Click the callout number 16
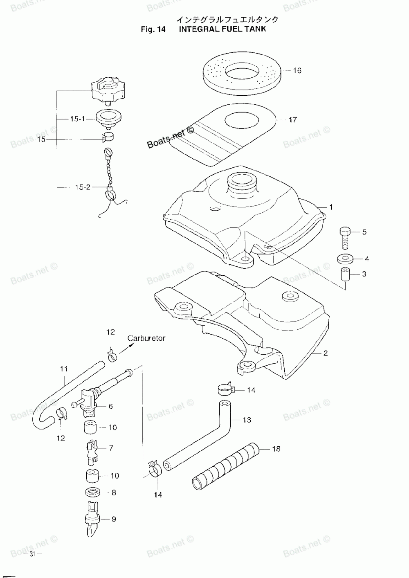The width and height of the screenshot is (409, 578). (x=297, y=71)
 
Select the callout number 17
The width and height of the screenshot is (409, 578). (x=292, y=120)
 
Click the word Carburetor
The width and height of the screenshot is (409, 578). (x=146, y=338)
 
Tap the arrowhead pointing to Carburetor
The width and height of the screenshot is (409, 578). (x=132, y=345)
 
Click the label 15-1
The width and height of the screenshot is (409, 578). (x=77, y=119)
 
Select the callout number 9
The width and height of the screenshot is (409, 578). (x=114, y=519)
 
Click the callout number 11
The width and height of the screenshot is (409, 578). (x=64, y=369)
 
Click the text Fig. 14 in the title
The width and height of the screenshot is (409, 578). (x=153, y=29)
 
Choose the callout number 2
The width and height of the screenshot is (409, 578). (x=326, y=353)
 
